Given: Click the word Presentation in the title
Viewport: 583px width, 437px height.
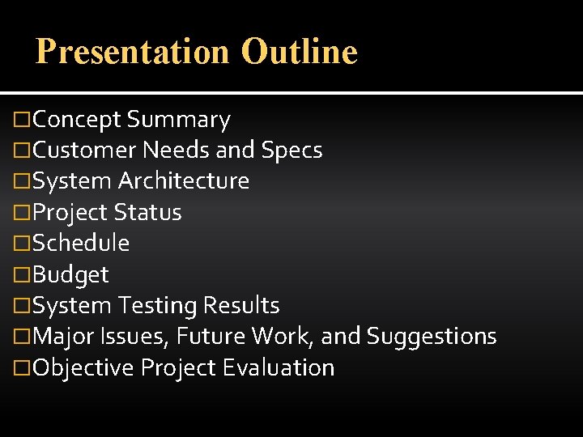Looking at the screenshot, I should (133, 52).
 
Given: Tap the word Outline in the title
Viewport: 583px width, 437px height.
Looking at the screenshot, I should (299, 52).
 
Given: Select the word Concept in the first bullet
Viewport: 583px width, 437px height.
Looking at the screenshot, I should (78, 120).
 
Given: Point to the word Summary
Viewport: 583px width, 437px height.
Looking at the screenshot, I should (178, 120).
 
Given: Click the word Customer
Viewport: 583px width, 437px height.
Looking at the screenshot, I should (85, 151).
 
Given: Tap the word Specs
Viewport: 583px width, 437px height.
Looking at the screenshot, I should (291, 151).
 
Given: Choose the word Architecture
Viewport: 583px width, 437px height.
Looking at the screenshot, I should (184, 181).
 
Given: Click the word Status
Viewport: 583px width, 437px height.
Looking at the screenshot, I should (147, 213).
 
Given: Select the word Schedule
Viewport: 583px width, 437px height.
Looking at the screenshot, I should (82, 244).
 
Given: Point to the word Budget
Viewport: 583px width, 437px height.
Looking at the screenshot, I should (71, 275).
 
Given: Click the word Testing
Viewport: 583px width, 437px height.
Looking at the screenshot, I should (158, 306).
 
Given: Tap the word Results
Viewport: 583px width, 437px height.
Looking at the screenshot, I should (241, 306).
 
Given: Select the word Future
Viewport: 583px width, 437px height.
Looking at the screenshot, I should (211, 337).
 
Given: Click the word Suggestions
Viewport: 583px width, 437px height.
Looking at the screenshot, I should (432, 337).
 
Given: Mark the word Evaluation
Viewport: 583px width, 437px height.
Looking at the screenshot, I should (278, 368).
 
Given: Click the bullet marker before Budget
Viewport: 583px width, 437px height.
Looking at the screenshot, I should (24, 275).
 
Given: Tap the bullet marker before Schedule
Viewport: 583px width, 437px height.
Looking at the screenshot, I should (24, 244).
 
